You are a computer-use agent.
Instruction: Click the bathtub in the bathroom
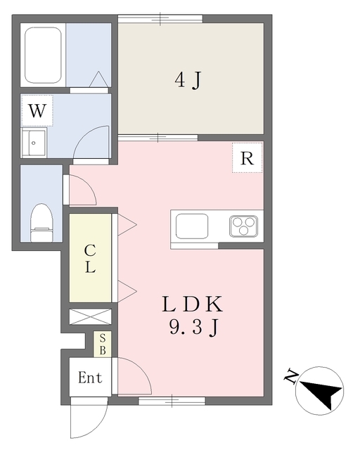coord(43,56)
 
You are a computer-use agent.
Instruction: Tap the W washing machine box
coord(37,110)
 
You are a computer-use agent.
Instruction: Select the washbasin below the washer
coord(34,143)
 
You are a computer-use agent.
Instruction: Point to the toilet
coord(42,223)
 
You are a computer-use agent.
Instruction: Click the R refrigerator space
coord(247,157)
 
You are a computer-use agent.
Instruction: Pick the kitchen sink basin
coord(192,226)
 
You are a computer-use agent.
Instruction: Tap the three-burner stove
coord(243,226)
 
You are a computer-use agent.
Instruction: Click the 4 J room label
coord(188,80)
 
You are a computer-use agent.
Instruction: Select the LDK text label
coord(192,304)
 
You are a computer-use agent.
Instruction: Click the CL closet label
coord(90,259)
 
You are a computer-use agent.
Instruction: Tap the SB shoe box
coord(103,345)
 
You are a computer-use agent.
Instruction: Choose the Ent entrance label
coord(90,378)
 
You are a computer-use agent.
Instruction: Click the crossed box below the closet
coord(90,317)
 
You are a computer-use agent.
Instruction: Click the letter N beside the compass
coord(290,376)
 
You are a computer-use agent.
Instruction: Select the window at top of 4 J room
coord(160,19)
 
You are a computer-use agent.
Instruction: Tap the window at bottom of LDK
coord(172,401)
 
